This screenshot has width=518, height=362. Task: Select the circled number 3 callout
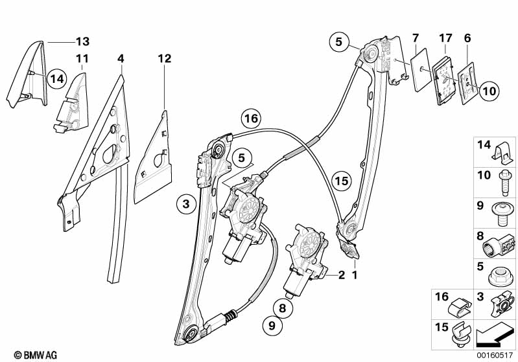point(185,205)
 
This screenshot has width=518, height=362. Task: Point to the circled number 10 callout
point(489,91)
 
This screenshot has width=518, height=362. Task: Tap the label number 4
point(121,59)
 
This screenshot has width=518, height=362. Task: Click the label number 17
point(445,38)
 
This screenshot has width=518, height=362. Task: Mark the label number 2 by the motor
point(340,275)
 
